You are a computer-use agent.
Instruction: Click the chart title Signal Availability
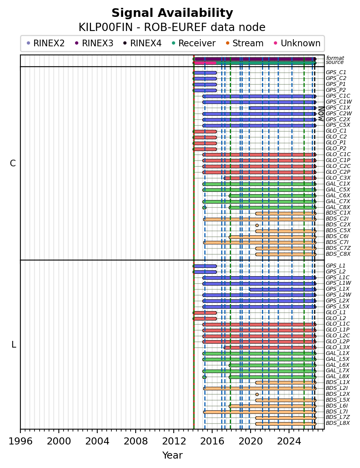[172, 13]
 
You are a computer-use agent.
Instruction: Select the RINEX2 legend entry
[45, 43]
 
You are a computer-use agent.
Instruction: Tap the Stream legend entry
[245, 43]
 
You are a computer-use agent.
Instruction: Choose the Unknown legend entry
[297, 43]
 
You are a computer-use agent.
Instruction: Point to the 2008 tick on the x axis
[135, 430]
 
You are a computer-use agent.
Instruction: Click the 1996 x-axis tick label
[20, 441]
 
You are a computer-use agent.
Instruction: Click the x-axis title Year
[172, 455]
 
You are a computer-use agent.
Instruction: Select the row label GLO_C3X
[338, 178]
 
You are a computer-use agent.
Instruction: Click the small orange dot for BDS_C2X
[257, 225]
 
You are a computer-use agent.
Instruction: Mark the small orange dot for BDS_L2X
[257, 394]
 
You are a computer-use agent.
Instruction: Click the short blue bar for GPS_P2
[205, 91]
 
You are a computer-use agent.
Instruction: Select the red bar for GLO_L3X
[270, 348]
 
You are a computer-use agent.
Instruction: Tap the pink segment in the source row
[205, 63]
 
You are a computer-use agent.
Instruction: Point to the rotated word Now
[321, 114]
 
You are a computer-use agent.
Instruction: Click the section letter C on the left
[13, 163]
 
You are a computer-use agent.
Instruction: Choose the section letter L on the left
[13, 345]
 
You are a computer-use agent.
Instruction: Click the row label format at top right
[335, 58]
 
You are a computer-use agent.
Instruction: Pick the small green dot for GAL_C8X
[204, 208]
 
